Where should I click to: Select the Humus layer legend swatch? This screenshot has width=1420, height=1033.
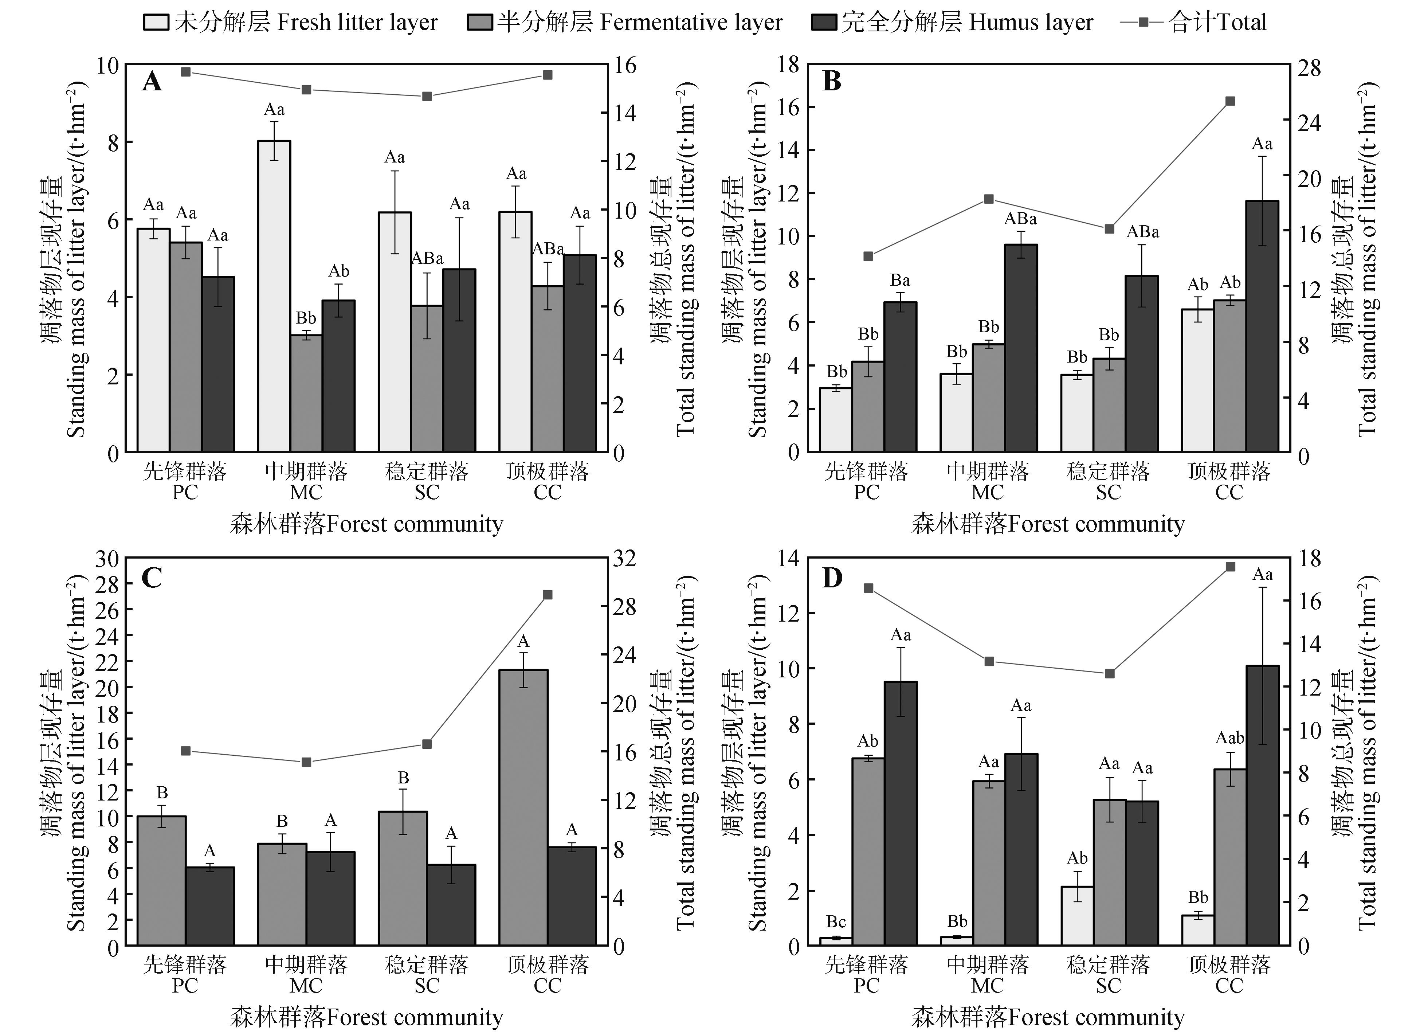824,23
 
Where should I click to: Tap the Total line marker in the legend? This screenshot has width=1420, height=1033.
1143,23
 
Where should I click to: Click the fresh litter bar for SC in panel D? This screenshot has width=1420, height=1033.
1078,915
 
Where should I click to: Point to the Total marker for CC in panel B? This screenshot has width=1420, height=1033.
1230,101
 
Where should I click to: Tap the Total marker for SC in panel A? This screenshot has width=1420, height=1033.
427,97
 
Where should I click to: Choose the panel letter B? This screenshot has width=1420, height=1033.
831,81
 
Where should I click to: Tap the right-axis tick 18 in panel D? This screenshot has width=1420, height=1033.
1308,559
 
